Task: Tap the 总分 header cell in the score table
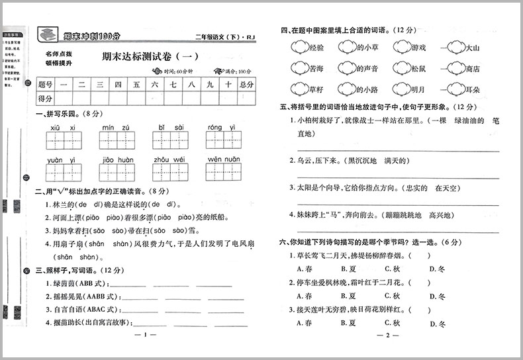246,84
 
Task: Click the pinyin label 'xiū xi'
63,128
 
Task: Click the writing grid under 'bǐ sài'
169,140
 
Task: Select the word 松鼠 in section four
418,68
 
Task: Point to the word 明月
418,89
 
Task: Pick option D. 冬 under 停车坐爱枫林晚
436,296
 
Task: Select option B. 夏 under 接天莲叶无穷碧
348,323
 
